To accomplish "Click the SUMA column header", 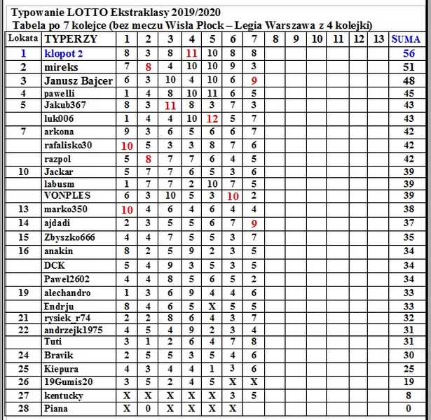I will tap(410, 39).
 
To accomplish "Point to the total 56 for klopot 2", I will tap(410, 52).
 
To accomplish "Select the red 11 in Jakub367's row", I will tap(170, 106).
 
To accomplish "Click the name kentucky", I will tap(64, 395).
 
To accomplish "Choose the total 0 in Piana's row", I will tap(410, 409).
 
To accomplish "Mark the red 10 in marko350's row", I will tap(127, 209).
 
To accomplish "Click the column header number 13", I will tap(379, 39).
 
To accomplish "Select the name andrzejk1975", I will tap(74, 329).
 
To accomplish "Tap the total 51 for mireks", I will tap(410, 66).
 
